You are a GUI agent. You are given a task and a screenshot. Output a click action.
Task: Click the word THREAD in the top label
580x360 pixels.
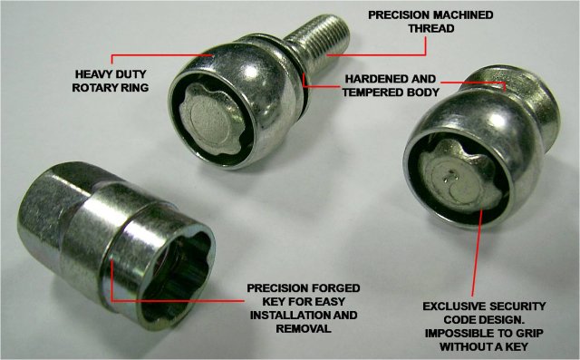[x=431, y=28]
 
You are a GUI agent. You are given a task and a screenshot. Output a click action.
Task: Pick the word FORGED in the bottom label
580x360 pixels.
[x=336, y=288]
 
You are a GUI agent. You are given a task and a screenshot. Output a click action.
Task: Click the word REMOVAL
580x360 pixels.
[x=304, y=328]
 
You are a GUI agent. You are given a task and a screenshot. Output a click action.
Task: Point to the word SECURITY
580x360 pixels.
[x=516, y=306]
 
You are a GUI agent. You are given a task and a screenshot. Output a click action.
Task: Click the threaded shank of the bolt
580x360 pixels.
[x=319, y=42]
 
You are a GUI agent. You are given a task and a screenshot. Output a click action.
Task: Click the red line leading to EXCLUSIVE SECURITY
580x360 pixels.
[x=477, y=252]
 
